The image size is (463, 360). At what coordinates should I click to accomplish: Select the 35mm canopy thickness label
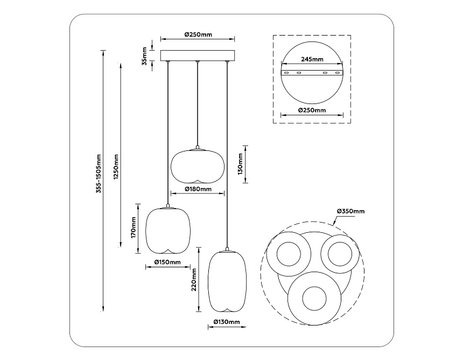[145, 56]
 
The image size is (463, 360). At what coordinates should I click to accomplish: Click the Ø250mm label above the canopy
[198, 34]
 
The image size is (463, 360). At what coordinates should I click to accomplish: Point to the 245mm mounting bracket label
[312, 60]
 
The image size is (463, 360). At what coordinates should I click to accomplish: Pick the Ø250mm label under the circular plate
[312, 110]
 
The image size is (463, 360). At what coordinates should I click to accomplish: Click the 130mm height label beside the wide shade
[241, 164]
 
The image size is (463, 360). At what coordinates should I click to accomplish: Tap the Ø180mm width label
[198, 189]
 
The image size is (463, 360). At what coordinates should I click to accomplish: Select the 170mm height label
[133, 227]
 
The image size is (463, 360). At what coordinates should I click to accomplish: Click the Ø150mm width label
[167, 262]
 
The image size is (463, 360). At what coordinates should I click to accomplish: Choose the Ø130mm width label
[226, 322]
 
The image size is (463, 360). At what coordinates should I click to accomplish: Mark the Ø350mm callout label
[350, 211]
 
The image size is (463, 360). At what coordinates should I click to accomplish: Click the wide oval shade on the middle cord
[198, 165]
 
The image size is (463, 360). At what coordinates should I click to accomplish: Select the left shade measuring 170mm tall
[168, 230]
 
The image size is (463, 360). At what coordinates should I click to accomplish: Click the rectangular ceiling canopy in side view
[198, 56]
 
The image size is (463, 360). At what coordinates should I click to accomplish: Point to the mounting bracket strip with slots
[312, 72]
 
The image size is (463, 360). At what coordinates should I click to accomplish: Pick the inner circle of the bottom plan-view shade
[313, 299]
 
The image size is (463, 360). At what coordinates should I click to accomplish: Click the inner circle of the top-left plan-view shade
[289, 253]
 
